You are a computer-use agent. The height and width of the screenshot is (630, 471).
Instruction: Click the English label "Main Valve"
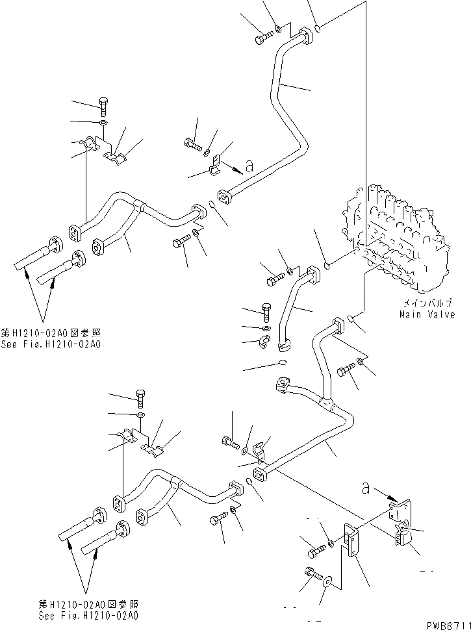427,314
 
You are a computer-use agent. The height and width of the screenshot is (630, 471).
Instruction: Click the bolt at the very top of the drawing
262,39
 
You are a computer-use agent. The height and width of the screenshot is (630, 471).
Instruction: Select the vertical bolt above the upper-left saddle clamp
104,103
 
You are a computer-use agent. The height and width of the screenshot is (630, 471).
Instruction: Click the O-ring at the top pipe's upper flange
318,27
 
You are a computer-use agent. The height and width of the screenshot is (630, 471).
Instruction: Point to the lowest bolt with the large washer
312,573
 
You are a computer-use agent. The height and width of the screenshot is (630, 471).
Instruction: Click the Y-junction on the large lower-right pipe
332,407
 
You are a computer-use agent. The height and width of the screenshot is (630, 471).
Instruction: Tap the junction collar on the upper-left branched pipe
138,207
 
